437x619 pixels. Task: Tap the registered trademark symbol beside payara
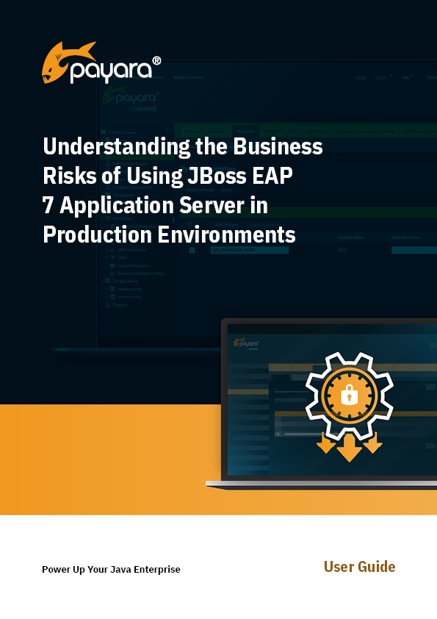pos(156,62)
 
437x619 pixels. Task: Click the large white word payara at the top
pos(110,71)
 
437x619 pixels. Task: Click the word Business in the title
pos(278,146)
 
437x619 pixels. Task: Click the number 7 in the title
pos(48,206)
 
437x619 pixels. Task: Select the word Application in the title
pos(116,207)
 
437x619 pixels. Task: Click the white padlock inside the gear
pos(350,396)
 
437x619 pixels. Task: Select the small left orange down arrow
pos(325,443)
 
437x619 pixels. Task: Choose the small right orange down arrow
pos(373,443)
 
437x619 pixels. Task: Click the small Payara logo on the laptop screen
pos(246,343)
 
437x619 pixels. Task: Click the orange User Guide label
pos(359,567)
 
